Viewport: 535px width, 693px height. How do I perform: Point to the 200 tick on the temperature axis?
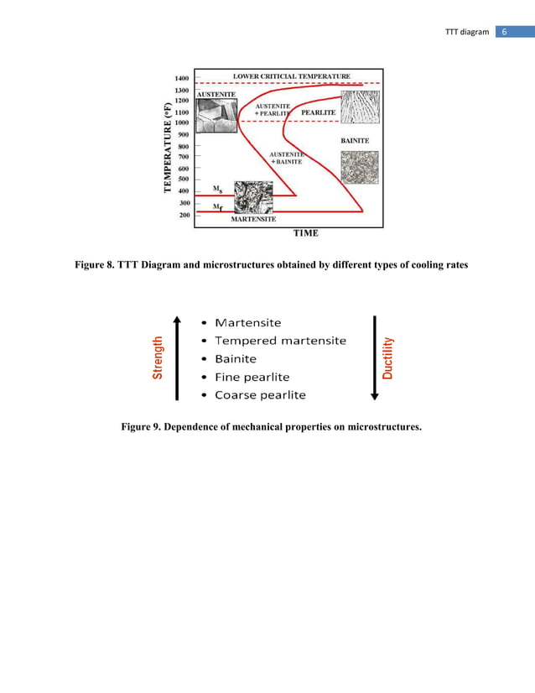[181, 215]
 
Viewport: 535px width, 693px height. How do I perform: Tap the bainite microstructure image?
[359, 167]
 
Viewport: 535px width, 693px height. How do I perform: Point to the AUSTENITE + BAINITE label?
[287, 157]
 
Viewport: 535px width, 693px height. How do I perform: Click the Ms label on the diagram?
[217, 189]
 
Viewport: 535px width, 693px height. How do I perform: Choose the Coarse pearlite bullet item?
[260, 395]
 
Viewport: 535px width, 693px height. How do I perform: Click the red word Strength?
[157, 358]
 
